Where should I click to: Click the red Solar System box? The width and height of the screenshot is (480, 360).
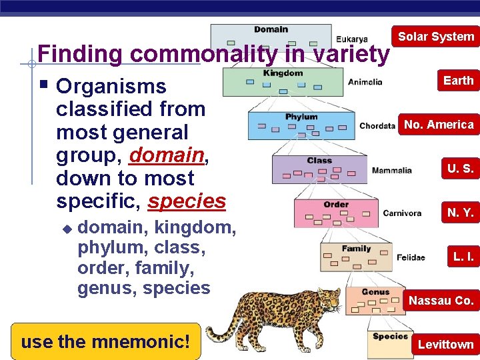click(435, 37)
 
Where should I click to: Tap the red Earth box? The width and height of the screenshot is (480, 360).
click(458, 81)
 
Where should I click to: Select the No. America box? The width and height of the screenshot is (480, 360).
click(439, 125)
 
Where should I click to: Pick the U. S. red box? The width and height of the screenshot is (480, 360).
click(460, 169)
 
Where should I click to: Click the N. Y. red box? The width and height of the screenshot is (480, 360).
click(460, 213)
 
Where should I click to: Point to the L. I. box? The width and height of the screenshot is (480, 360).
click(463, 257)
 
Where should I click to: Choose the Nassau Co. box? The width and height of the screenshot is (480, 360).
click(441, 301)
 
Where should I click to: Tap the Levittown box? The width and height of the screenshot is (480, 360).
click(445, 345)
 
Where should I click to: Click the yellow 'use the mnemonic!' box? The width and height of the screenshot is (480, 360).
click(105, 342)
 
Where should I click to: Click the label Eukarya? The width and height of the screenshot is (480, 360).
click(351, 39)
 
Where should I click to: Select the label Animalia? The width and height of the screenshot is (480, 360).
click(365, 83)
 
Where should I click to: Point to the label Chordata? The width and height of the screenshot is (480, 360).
click(377, 126)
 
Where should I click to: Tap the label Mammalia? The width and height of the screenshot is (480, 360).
click(391, 170)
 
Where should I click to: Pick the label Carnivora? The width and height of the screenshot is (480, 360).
click(402, 213)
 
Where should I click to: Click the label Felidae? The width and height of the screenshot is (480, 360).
click(410, 257)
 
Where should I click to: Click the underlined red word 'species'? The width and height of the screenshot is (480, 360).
click(187, 201)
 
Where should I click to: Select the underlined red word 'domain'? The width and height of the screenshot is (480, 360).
click(167, 155)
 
